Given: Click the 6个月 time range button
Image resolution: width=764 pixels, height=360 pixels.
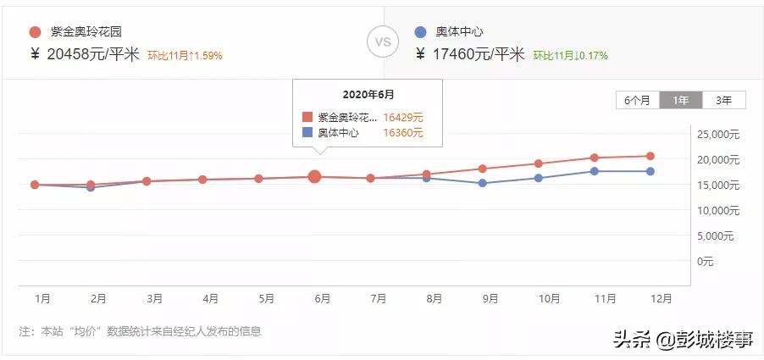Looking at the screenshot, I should (638, 100).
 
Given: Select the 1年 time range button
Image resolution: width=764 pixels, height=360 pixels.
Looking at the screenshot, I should (681, 100).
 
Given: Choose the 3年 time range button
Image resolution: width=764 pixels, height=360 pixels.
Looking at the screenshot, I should (724, 100).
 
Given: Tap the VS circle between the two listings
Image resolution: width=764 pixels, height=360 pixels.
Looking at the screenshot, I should (382, 42).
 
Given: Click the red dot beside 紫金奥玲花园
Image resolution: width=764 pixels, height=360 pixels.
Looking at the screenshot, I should (35, 32).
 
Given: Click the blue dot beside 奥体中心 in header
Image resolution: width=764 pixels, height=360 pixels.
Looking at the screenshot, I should (420, 32).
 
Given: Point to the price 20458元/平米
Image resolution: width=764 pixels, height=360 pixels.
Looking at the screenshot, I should (86, 55).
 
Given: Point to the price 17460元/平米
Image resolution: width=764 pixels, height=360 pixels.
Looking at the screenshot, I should (471, 55).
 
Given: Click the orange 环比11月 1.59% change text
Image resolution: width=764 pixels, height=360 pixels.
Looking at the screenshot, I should (185, 56).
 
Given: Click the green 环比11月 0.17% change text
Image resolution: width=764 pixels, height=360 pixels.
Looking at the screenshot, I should (570, 56).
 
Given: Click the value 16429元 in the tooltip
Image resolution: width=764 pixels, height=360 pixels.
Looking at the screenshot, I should (403, 118).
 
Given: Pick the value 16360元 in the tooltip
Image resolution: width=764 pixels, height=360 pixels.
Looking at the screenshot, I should (403, 133).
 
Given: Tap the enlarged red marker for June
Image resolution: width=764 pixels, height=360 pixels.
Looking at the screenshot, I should (314, 176).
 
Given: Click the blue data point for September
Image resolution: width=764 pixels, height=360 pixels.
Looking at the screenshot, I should (482, 183).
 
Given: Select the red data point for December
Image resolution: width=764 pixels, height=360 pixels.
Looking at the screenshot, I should (650, 156).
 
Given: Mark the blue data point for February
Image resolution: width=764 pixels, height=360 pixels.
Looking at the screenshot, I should (91, 187).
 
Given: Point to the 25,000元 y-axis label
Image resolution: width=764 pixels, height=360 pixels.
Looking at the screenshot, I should (718, 135).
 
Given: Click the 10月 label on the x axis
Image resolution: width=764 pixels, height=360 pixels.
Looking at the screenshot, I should (549, 298).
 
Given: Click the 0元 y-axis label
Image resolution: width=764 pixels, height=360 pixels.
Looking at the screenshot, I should (706, 261).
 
